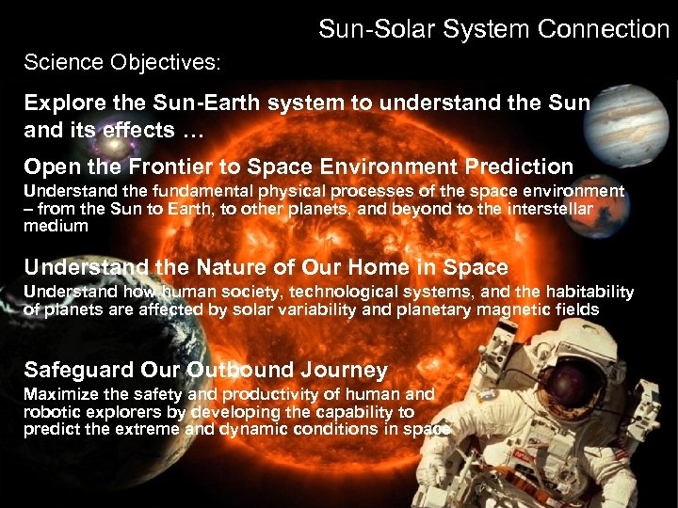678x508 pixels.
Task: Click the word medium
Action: pyautogui.click(x=55, y=226)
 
